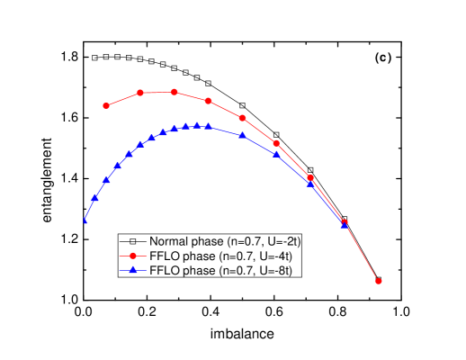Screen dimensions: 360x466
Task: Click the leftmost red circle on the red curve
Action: pyautogui.click(x=106, y=105)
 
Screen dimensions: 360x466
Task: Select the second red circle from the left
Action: pyautogui.click(x=140, y=93)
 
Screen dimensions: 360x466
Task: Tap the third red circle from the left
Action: pyautogui.click(x=175, y=92)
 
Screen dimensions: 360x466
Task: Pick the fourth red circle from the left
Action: pyautogui.click(x=209, y=101)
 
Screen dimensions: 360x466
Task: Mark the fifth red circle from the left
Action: pyautogui.click(x=243, y=118)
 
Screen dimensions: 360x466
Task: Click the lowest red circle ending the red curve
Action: pyautogui.click(x=379, y=281)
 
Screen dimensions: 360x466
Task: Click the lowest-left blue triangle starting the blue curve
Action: pyautogui.click(x=85, y=220)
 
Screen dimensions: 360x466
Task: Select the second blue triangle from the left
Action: pyautogui.click(x=95, y=197)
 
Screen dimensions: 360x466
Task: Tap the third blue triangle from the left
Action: pyautogui.click(x=106, y=180)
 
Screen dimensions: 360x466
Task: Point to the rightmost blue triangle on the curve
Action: pyautogui.click(x=345, y=225)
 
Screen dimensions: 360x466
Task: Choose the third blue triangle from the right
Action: pyautogui.click(x=277, y=154)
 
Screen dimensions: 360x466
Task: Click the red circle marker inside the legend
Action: pyautogui.click(x=132, y=256)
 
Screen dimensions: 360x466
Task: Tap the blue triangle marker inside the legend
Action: pyautogui.click(x=132, y=270)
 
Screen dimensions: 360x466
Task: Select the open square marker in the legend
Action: pyautogui.click(x=132, y=241)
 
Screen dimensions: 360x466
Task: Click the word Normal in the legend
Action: pyautogui.click(x=168, y=241)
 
